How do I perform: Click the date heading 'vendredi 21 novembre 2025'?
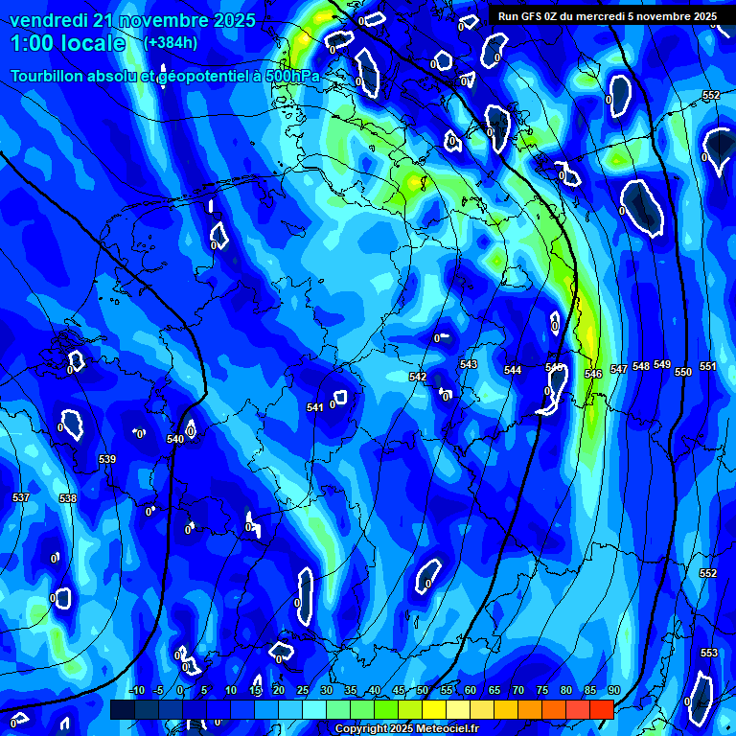[x=132, y=20]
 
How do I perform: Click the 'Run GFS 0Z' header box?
[x=607, y=16]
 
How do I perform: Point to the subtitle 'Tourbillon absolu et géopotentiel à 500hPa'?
[x=165, y=76]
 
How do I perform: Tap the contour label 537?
[x=21, y=497]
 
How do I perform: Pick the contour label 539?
[x=107, y=459]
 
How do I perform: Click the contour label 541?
[x=314, y=407]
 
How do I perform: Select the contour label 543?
[x=468, y=364]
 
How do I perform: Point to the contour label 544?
[x=513, y=370]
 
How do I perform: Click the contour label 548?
[x=640, y=366]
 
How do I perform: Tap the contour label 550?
[x=682, y=372]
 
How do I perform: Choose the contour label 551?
[x=707, y=366]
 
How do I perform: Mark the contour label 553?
[x=708, y=653]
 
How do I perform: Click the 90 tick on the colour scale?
[x=613, y=691]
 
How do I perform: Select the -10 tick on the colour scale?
[x=136, y=691]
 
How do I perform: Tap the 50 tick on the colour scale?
[x=423, y=691]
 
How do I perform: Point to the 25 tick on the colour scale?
[x=302, y=691]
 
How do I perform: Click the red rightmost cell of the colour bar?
[x=601, y=709]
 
